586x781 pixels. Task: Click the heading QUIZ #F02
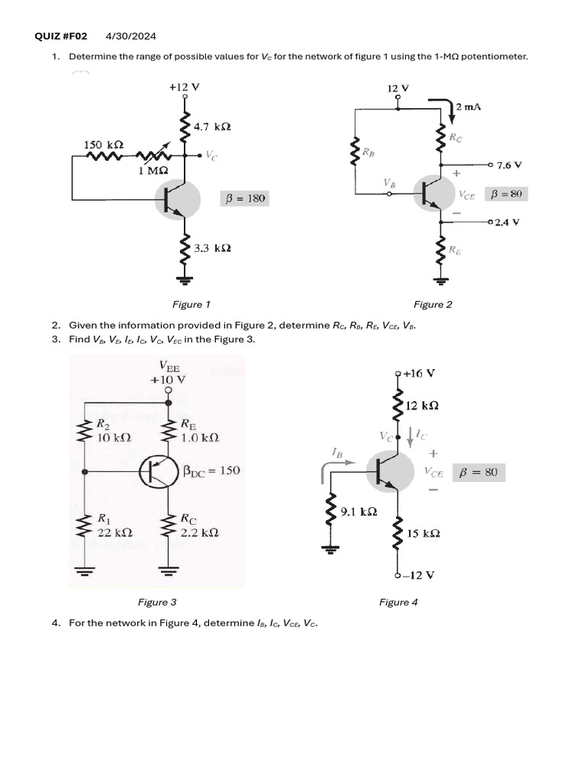click(x=62, y=36)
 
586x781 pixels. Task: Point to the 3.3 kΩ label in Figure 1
click(x=213, y=248)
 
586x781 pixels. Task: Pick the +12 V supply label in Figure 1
click(x=184, y=87)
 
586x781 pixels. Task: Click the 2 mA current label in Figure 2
click(x=468, y=108)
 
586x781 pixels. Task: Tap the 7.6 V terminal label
click(x=508, y=165)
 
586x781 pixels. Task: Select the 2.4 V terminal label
click(x=507, y=222)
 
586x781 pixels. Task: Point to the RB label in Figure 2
click(x=369, y=153)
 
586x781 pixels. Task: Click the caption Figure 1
click(x=192, y=304)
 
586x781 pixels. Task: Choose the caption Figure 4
click(x=398, y=602)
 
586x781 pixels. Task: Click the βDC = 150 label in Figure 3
click(x=211, y=471)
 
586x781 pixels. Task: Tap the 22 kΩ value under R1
click(x=114, y=532)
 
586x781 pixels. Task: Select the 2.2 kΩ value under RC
click(x=199, y=532)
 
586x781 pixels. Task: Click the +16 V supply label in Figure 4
click(x=419, y=373)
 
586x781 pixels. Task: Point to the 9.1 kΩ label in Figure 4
click(x=359, y=512)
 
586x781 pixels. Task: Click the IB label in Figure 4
click(x=336, y=453)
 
